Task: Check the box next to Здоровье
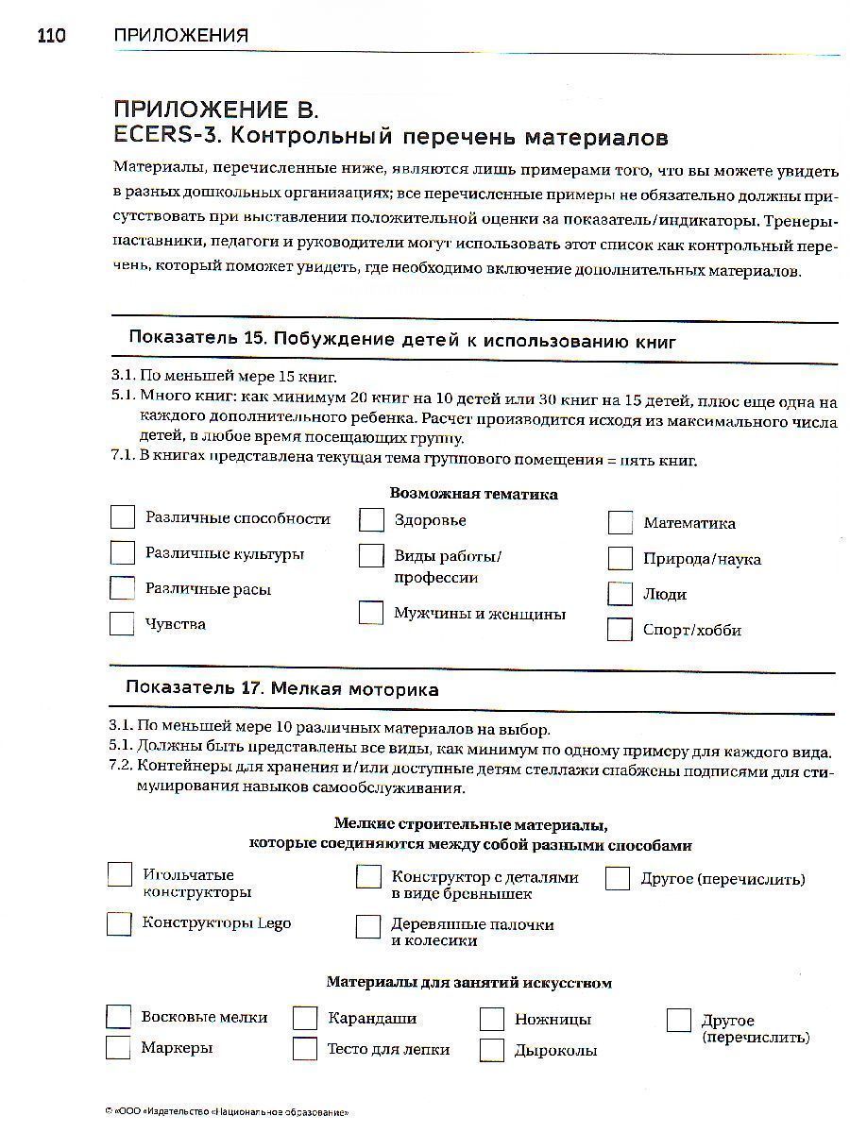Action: [371, 520]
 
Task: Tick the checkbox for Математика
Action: [620, 523]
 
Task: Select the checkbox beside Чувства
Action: [122, 624]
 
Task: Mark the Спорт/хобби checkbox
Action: [620, 630]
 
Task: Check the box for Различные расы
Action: [122, 588]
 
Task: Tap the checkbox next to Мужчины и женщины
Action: [371, 613]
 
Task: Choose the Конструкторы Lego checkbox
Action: [119, 923]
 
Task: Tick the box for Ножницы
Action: [492, 1019]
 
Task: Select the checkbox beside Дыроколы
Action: [492, 1050]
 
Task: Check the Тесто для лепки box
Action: [305, 1049]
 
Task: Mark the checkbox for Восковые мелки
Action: [119, 1017]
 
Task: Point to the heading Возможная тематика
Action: [473, 494]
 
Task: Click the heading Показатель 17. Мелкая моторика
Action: [282, 689]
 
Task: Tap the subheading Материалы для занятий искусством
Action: [469, 983]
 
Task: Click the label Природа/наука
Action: [702, 559]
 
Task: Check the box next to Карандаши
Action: [305, 1018]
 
